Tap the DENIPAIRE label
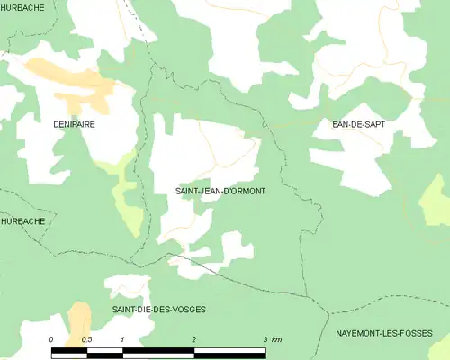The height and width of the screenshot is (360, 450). tap(74, 125)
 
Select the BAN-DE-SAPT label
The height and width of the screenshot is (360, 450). tap(358, 124)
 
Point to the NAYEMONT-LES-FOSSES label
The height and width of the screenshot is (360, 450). tap(388, 332)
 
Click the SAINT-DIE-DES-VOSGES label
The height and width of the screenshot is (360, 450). tap(159, 309)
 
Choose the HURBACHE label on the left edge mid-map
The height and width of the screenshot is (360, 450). tap(22, 220)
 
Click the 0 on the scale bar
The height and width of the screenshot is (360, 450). tap(51, 339)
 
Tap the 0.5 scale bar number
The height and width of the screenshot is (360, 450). tap(86, 339)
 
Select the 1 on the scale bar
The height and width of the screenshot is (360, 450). tap(121, 339)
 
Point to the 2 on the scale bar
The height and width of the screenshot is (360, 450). tap(193, 339)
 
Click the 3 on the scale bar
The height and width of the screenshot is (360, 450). tap(265, 339)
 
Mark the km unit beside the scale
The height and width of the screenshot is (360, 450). tap(277, 339)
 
